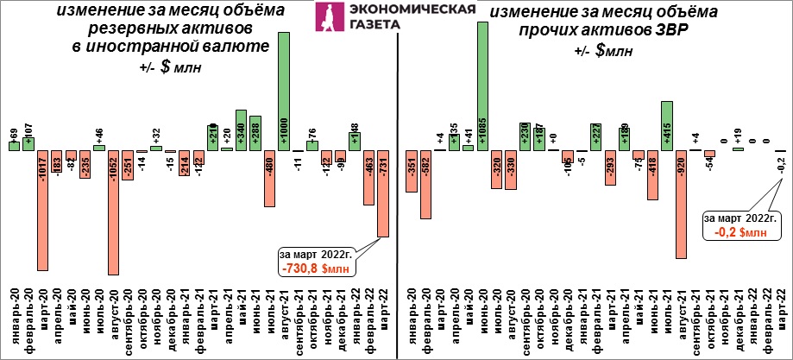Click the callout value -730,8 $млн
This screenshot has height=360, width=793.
click(315, 268)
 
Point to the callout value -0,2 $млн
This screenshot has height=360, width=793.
click(739, 231)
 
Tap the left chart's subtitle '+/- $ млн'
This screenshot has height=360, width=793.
click(168, 67)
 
